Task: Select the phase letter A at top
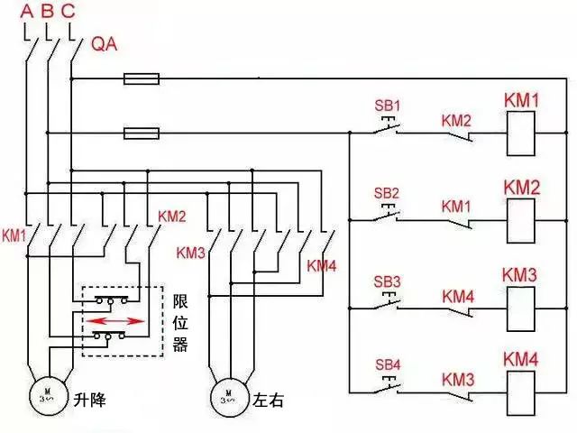click(x=26, y=12)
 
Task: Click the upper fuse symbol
click(x=142, y=79)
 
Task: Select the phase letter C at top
click(x=69, y=12)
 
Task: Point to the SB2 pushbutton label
click(x=387, y=192)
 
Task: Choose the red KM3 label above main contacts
click(x=191, y=252)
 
